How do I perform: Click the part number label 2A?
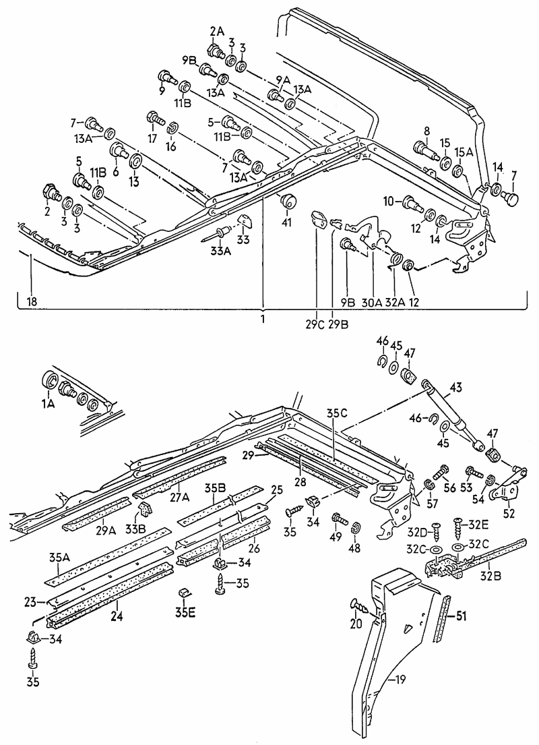[216, 30]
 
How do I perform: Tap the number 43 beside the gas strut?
[476, 388]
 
